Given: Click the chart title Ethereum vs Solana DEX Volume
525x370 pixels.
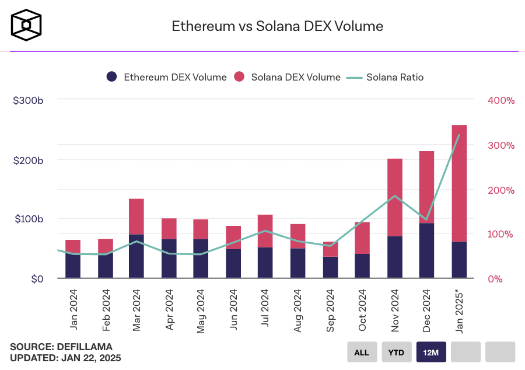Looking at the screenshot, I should coord(277,26).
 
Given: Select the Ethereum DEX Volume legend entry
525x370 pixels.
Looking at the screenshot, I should coord(167,77).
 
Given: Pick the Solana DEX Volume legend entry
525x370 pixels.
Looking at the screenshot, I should coord(287,77).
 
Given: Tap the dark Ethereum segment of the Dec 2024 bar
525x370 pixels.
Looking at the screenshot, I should coord(426,251).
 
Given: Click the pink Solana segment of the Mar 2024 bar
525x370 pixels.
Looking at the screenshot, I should coord(136,217).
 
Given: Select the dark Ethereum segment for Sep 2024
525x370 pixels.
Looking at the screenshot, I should coord(330,267).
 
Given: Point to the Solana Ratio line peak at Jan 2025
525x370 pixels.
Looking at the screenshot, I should coord(459,135).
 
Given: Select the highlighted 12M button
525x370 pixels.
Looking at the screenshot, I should coord(431,352).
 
